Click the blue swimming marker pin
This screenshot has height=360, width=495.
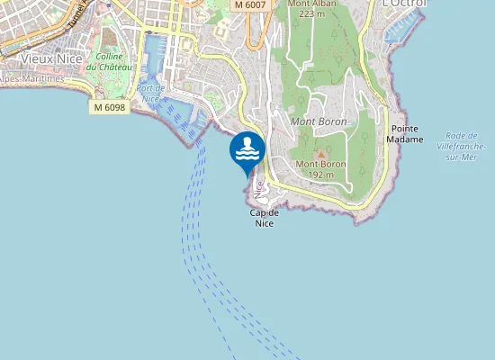pyautogui.click(x=247, y=151)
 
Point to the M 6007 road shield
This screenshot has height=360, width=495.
pyautogui.click(x=248, y=5)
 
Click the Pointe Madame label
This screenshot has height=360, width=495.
pyautogui.click(x=404, y=134)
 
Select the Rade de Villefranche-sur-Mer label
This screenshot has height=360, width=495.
pyautogui.click(x=461, y=146)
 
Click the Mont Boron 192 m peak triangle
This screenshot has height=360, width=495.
pyautogui.click(x=320, y=154)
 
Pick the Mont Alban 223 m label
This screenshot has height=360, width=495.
pyautogui.click(x=311, y=8)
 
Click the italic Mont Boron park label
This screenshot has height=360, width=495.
pyautogui.click(x=319, y=121)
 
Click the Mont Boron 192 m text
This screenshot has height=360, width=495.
pyautogui.click(x=321, y=169)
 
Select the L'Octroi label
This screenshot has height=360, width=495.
pyautogui.click(x=404, y=4)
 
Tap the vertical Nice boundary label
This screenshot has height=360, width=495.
pyautogui.click(x=259, y=188)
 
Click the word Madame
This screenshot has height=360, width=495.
pyautogui.click(x=404, y=139)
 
